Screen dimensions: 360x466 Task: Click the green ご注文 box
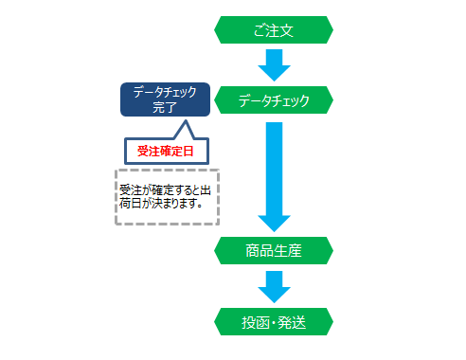click(275, 30)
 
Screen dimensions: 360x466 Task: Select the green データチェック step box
click(275, 99)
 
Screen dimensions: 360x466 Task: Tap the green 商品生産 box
click(275, 251)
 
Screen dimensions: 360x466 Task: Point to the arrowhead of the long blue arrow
click(275, 220)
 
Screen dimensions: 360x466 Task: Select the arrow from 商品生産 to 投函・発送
click(275, 285)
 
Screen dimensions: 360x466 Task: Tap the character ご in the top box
click(259, 30)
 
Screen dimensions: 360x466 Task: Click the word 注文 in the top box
click(281, 30)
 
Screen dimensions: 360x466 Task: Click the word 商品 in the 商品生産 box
click(260, 251)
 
